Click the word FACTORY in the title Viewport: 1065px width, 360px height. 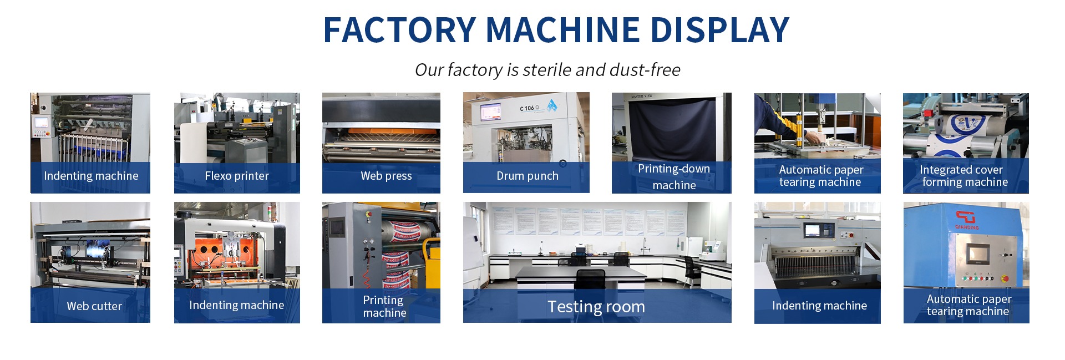click(399, 30)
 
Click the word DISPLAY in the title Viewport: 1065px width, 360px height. click(719, 30)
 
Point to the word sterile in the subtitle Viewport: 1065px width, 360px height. click(547, 70)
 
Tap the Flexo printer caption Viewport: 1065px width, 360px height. click(237, 176)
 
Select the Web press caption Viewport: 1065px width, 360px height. click(386, 176)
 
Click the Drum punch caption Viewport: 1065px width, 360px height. click(528, 176)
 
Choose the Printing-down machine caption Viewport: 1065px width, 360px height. click(674, 177)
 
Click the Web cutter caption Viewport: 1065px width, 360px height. click(94, 306)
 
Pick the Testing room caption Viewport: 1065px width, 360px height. click(596, 307)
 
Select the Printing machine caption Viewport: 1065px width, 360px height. click(384, 306)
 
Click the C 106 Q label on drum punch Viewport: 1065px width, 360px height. click(529, 108)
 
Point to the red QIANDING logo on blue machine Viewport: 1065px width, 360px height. click(966, 220)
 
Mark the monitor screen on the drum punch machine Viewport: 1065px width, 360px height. click(490, 111)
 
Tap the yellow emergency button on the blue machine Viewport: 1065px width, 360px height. click(1005, 278)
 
